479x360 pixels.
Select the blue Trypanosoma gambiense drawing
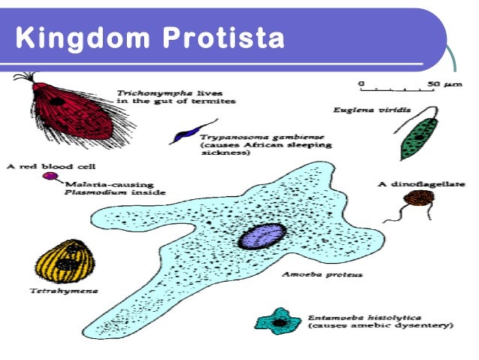(182, 136)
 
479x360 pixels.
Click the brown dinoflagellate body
(417, 199)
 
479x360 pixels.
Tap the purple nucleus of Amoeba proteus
(261, 236)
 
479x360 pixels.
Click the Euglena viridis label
(367, 110)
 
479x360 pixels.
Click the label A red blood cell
(41, 165)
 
